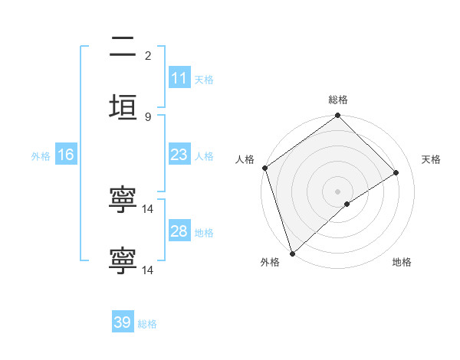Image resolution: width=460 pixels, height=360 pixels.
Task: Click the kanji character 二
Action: pyautogui.click(x=123, y=48)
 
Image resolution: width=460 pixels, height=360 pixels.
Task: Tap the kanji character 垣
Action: pyautogui.click(x=123, y=109)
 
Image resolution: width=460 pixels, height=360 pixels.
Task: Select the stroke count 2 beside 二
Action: pyautogui.click(x=148, y=55)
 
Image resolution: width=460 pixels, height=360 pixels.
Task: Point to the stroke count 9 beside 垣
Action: pyautogui.click(x=148, y=116)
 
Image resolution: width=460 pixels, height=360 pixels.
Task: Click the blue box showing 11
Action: pyautogui.click(x=179, y=78)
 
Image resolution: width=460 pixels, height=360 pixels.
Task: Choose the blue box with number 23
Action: pyautogui.click(x=179, y=155)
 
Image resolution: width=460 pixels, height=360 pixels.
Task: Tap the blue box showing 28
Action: pyautogui.click(x=179, y=231)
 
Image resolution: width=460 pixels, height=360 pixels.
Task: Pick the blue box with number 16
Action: pyautogui.click(x=66, y=155)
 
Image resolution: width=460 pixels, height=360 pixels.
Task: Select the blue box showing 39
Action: pyautogui.click(x=123, y=322)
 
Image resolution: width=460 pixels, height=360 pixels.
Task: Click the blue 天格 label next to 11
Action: pyautogui.click(x=204, y=79)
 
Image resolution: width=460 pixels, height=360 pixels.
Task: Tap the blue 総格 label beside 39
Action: pyautogui.click(x=147, y=323)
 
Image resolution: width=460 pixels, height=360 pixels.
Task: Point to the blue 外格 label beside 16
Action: pyautogui.click(x=41, y=155)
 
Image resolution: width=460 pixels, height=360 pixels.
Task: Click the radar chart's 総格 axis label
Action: pyautogui.click(x=338, y=100)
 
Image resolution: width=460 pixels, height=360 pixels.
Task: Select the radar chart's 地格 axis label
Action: pyautogui.click(x=402, y=262)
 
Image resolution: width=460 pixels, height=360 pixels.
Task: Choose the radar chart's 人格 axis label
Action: pyautogui.click(x=245, y=159)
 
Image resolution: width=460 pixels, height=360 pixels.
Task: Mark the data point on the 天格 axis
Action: pyautogui.click(x=396, y=172)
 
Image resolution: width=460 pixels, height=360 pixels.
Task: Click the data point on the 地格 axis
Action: pyautogui.click(x=347, y=204)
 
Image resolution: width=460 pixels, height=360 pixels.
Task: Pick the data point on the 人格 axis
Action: pyautogui.click(x=264, y=168)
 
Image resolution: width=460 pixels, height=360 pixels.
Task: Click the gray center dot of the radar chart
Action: pyautogui.click(x=338, y=191)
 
